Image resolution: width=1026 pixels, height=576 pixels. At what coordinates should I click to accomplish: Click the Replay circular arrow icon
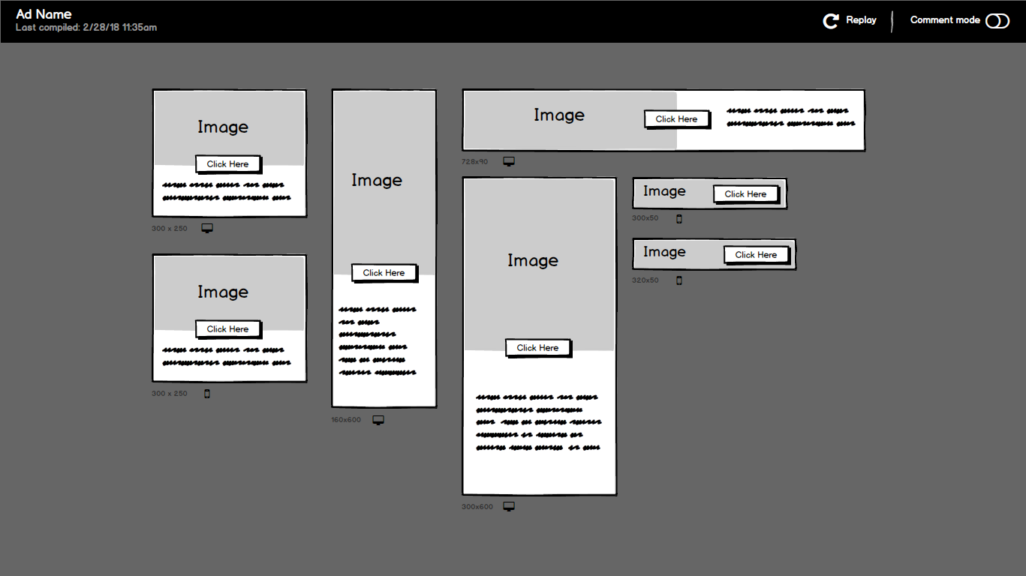click(x=830, y=21)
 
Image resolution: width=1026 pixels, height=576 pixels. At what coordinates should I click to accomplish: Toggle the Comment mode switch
click(x=997, y=21)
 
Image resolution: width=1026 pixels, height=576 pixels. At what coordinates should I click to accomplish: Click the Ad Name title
click(x=44, y=14)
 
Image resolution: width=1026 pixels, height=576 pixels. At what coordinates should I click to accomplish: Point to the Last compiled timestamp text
click(x=86, y=28)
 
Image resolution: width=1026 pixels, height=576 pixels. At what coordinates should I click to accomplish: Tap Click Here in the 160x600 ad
click(x=384, y=273)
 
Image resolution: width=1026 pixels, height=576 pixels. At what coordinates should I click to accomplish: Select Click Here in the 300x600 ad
click(x=537, y=348)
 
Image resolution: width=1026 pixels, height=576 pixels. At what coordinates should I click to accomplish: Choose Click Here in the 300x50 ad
click(x=745, y=194)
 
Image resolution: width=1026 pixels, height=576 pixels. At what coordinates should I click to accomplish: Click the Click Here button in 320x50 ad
click(x=756, y=255)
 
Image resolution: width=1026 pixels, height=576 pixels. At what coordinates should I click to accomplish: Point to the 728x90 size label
click(x=474, y=162)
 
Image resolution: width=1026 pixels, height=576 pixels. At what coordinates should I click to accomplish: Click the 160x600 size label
click(x=346, y=420)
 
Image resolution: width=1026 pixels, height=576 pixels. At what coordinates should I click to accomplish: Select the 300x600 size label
click(x=477, y=507)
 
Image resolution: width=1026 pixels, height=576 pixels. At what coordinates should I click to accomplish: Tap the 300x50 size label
click(x=645, y=218)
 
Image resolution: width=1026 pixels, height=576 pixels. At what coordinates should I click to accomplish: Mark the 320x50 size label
click(x=645, y=280)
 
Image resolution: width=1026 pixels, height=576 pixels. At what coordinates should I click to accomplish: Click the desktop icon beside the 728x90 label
click(x=509, y=161)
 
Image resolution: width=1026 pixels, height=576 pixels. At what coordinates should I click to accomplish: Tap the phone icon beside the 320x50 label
click(x=679, y=280)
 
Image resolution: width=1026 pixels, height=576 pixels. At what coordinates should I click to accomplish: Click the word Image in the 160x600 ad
click(x=377, y=181)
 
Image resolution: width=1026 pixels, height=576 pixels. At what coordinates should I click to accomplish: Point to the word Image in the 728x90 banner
click(x=559, y=115)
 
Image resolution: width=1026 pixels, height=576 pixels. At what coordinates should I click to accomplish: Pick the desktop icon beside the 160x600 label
click(x=378, y=420)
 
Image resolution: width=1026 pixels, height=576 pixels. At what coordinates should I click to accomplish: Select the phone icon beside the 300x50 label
click(x=679, y=219)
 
